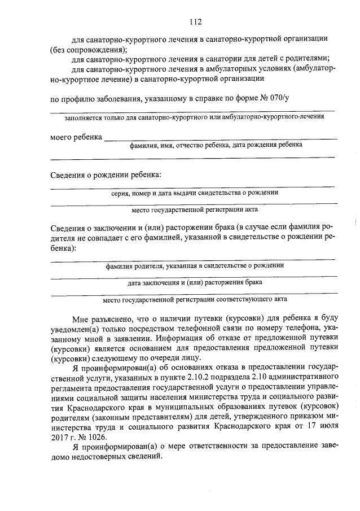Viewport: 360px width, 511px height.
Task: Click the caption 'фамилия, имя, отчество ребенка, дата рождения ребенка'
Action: [216, 145]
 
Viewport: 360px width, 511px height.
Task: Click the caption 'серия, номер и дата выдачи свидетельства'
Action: [194, 193]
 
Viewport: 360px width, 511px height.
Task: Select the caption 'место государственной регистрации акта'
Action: [194, 210]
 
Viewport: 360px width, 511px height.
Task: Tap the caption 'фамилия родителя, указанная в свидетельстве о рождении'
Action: [194, 265]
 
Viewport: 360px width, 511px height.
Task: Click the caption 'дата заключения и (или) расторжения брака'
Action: [194, 282]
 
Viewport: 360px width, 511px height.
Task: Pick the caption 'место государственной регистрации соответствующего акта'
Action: [194, 299]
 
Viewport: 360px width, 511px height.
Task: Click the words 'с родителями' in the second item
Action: [304, 59]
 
